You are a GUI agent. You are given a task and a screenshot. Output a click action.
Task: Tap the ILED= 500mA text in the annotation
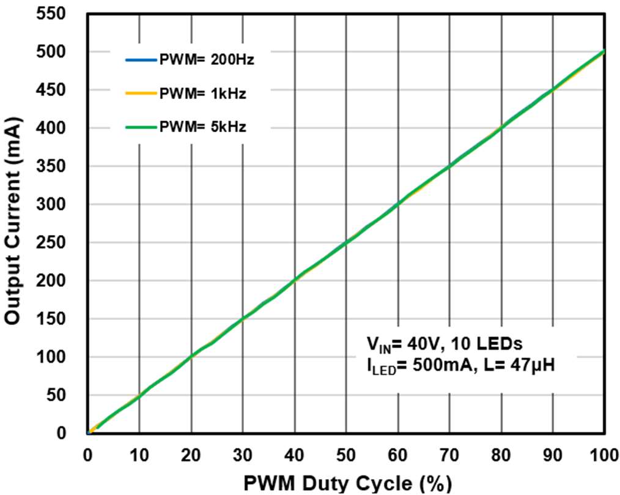(407, 368)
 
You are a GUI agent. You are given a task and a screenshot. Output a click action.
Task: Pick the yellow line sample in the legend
(141, 94)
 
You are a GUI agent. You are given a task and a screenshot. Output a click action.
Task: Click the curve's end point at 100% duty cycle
(604, 51)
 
